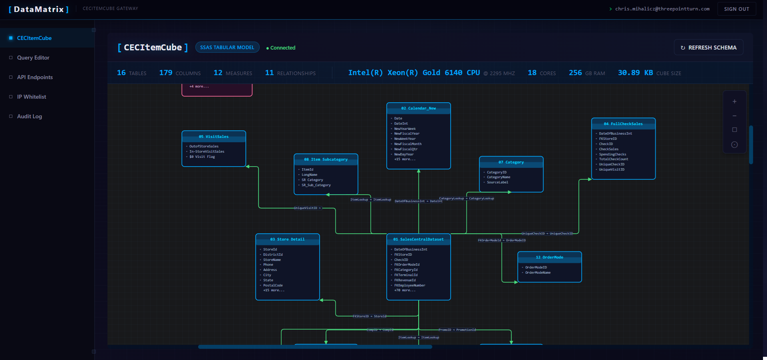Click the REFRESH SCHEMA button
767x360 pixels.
(x=708, y=48)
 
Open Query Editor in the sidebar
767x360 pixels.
(x=33, y=58)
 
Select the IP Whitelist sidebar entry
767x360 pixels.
(x=32, y=97)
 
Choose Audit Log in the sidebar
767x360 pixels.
(x=30, y=116)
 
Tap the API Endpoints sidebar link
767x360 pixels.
(x=35, y=77)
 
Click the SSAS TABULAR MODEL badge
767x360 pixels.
(x=227, y=48)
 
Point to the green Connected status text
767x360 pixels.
(x=282, y=48)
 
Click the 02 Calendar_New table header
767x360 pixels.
(x=418, y=108)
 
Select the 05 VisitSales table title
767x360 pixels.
(x=214, y=137)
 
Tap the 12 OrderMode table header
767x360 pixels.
(x=549, y=257)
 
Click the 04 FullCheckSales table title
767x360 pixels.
(x=623, y=124)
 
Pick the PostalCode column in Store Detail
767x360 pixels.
(x=273, y=285)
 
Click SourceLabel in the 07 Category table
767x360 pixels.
(x=497, y=182)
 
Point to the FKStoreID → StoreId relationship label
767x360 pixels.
(x=370, y=316)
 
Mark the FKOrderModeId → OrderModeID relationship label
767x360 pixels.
(x=502, y=240)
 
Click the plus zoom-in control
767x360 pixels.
(x=734, y=101)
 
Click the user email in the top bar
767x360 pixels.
(x=662, y=9)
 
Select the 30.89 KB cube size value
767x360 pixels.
(x=635, y=73)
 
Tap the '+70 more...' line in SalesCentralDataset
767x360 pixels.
(x=405, y=290)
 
